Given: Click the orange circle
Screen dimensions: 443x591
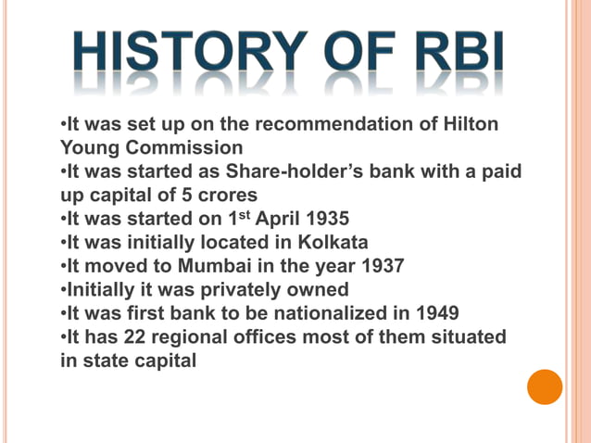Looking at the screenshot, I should [545, 386].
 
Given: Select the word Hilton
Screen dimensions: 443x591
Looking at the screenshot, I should [472, 124].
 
